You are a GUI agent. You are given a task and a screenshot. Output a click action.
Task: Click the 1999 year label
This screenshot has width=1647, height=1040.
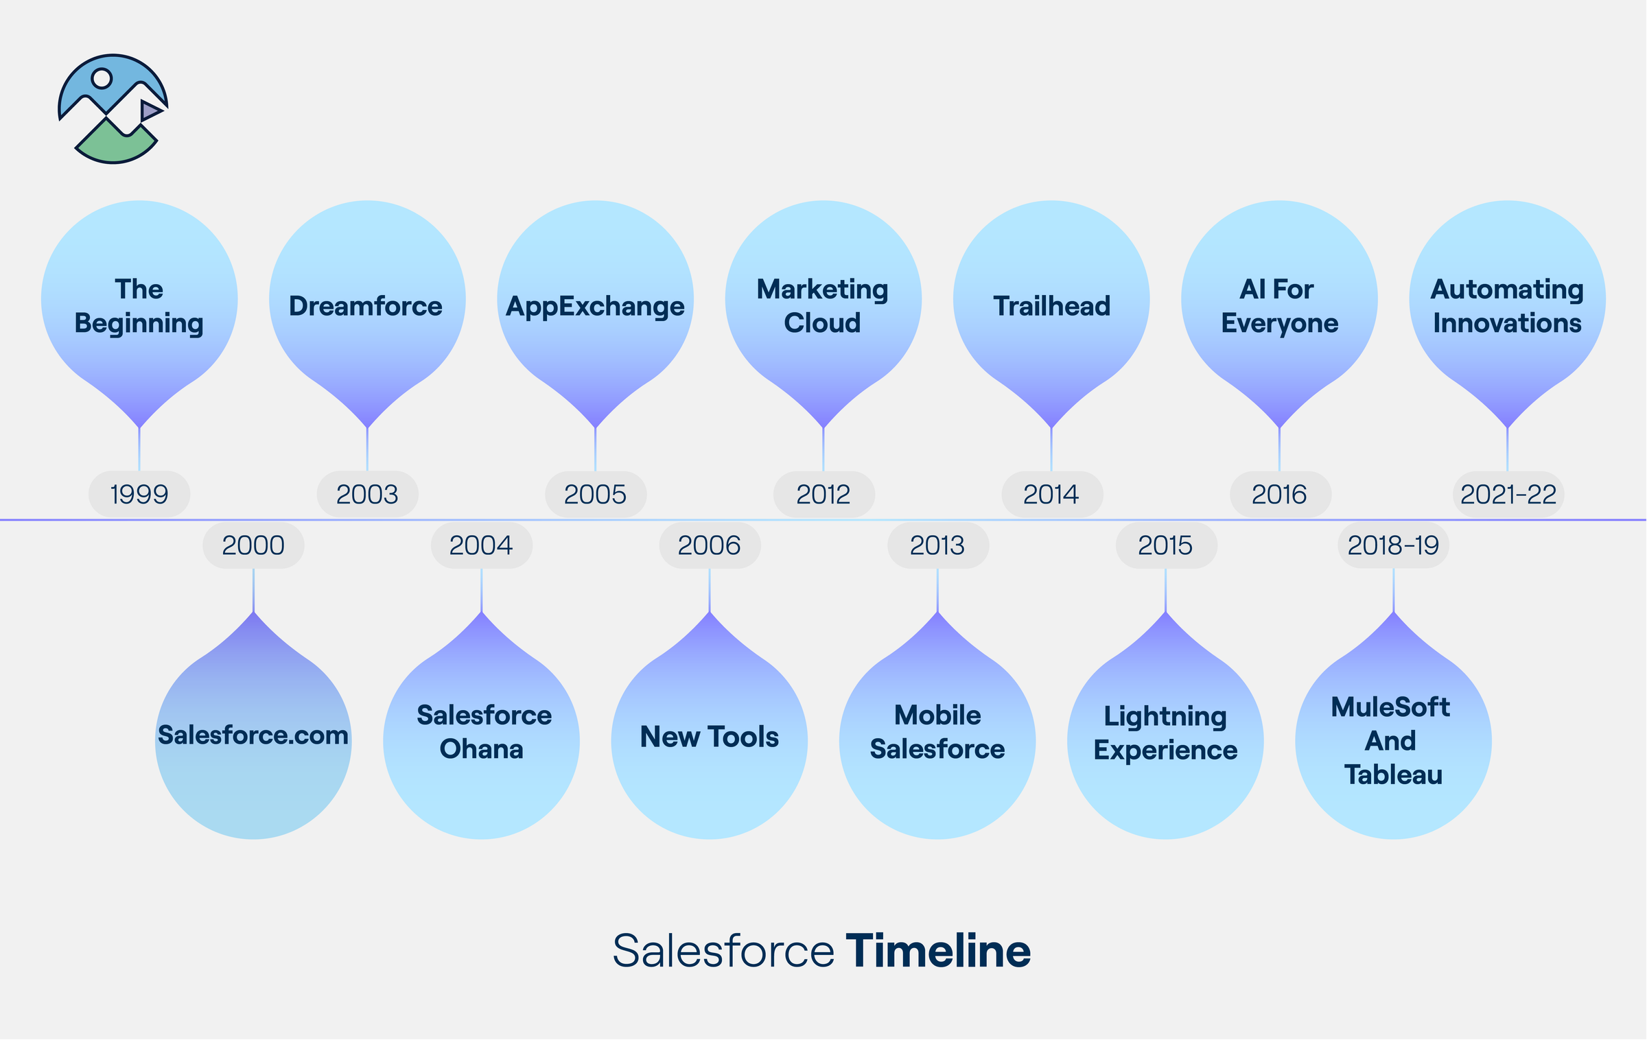point(139,494)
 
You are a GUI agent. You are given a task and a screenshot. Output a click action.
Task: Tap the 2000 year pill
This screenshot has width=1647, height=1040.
point(253,545)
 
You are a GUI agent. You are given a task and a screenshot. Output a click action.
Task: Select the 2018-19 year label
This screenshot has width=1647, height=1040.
point(1393,545)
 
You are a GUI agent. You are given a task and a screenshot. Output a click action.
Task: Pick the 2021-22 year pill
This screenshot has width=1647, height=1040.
point(1508,494)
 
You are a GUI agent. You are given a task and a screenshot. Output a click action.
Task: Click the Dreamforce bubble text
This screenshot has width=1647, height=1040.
point(366,306)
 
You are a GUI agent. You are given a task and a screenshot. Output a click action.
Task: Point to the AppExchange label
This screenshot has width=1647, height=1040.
point(595,306)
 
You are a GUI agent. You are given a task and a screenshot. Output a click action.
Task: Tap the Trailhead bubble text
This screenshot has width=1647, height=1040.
point(1051,306)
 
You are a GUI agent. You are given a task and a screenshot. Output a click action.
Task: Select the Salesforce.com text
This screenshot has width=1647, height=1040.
point(253,735)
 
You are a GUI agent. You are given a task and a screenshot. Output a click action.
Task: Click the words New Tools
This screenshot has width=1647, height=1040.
point(709,737)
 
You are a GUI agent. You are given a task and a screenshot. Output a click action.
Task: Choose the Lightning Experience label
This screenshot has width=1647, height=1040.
point(1165,733)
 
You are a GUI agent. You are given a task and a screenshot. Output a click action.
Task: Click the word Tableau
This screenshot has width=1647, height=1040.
point(1393,775)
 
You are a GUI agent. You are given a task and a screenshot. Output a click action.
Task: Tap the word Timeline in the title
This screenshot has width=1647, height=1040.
point(937,951)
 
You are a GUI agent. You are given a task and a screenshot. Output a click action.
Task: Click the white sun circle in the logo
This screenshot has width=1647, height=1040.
point(102,78)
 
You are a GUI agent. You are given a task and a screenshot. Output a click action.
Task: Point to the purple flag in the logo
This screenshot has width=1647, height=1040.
point(150,110)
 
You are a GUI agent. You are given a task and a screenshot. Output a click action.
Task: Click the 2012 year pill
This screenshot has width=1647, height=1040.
point(823,494)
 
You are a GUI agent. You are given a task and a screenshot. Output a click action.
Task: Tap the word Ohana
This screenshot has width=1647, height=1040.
point(481,749)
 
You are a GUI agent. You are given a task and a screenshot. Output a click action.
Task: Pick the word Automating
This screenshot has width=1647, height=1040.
point(1507,289)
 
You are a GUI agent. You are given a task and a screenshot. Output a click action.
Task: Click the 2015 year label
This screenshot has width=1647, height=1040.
point(1165,545)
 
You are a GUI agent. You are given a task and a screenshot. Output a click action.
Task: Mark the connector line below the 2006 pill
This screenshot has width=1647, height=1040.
point(710,590)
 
